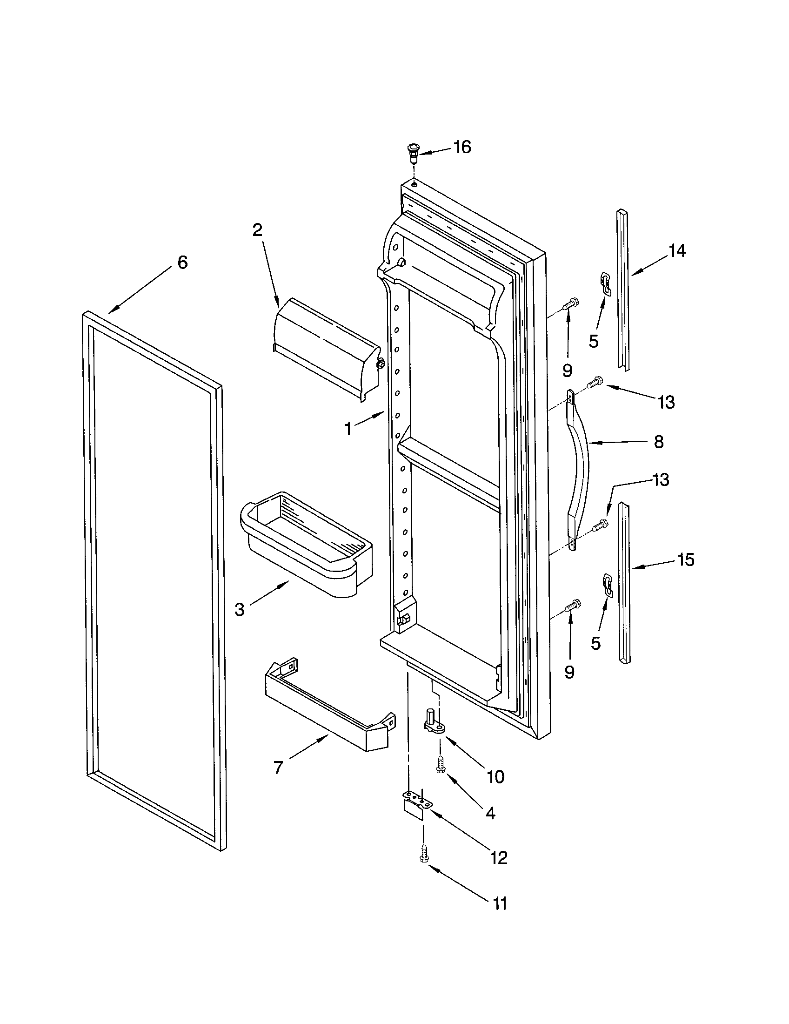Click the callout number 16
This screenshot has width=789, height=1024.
coord(462,147)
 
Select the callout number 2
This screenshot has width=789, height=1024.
coord(257,230)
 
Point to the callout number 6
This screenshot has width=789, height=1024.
coord(183,263)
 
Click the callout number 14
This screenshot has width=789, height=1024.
coord(677,251)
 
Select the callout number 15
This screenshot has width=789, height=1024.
coord(686,560)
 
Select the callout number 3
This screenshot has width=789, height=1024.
coord(240,610)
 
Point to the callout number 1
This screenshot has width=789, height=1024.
coord(348,429)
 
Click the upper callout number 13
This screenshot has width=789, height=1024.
coord(666,402)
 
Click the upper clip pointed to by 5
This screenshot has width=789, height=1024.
coord(606,284)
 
